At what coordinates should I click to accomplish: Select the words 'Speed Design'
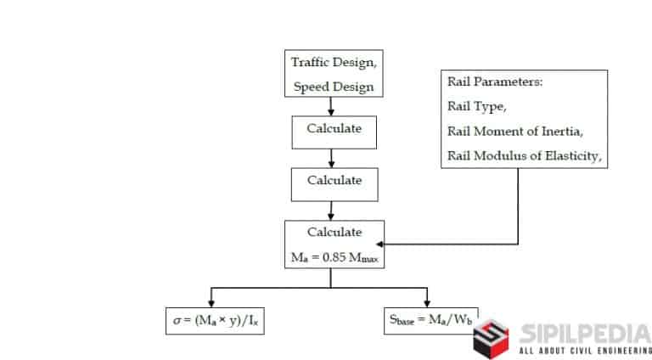click(x=333, y=86)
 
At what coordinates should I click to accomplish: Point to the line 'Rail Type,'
click(x=476, y=106)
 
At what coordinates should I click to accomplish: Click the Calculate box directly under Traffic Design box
click(x=334, y=130)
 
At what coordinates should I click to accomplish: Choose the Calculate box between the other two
click(x=334, y=181)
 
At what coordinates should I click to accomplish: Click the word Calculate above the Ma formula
click(x=334, y=233)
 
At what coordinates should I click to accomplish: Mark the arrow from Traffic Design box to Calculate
click(x=332, y=107)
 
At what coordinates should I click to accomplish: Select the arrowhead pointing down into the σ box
click(x=211, y=304)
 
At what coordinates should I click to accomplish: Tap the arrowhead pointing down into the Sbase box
click(x=428, y=304)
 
